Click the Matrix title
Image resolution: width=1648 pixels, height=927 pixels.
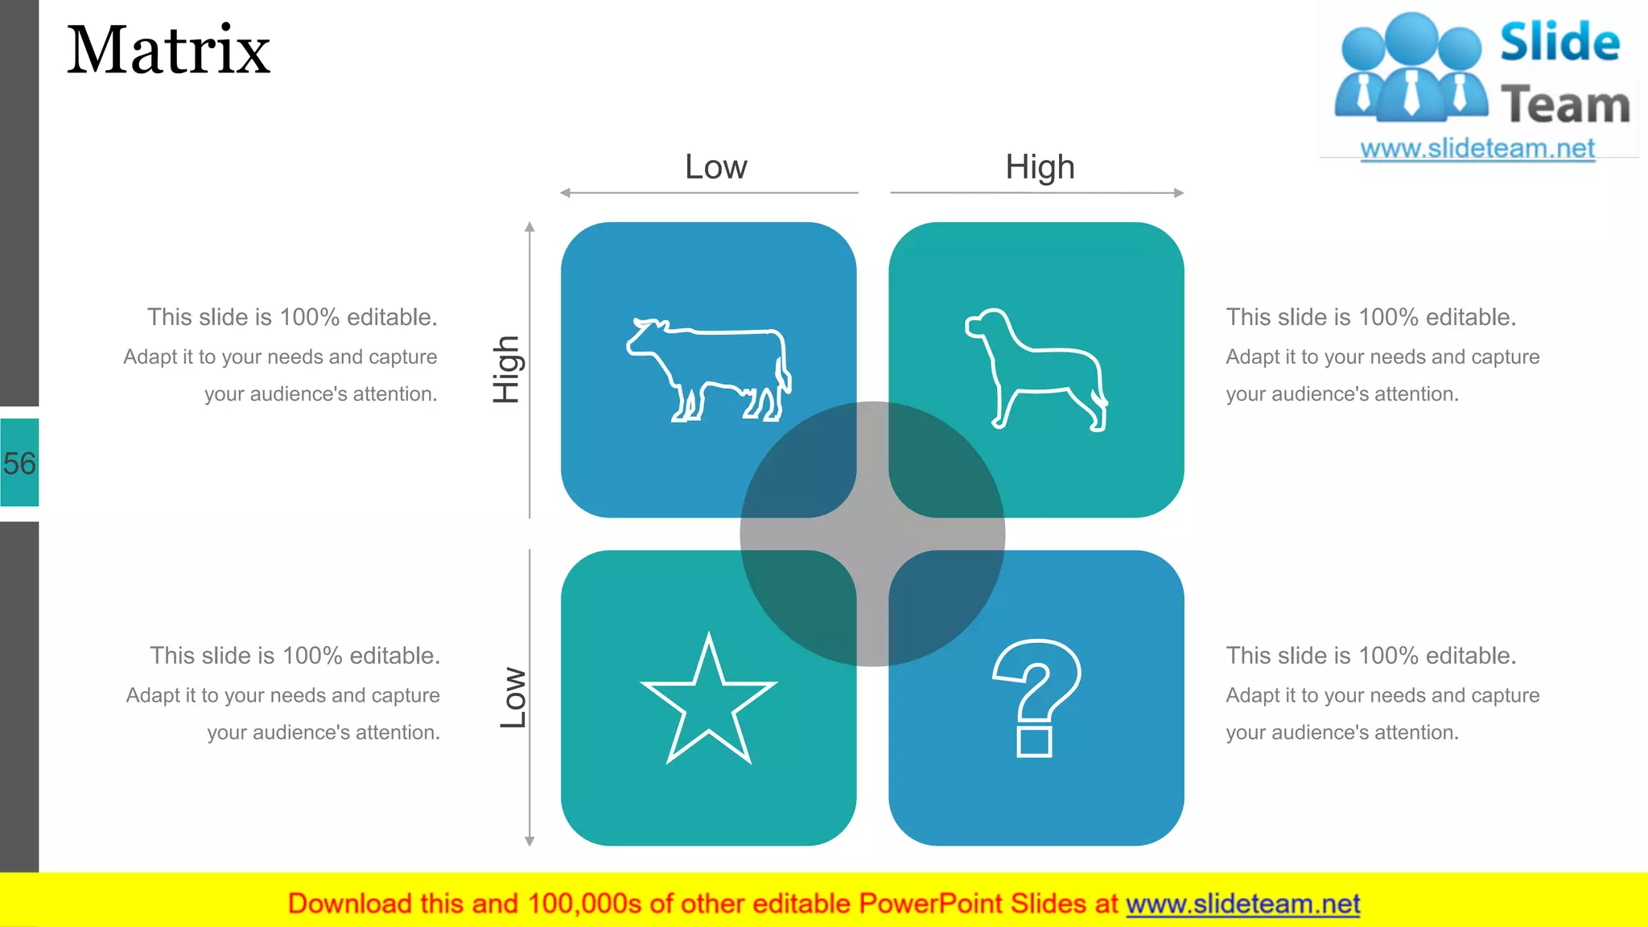coord(168,51)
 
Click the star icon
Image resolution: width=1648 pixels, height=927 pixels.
coord(708,698)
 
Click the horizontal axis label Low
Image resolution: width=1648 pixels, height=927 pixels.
coord(715,167)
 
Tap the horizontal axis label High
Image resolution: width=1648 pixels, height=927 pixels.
coord(1040,167)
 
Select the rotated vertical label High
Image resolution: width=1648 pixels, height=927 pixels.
coord(507,369)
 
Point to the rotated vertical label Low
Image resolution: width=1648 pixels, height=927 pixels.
coord(513,698)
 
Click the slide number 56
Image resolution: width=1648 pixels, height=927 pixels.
coord(19,463)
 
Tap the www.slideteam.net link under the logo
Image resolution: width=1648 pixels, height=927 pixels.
coord(1477,149)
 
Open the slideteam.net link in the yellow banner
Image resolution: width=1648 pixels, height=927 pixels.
coord(1242,904)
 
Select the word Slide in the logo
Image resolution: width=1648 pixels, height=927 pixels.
coord(1559,42)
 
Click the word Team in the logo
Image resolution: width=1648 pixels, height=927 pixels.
coord(1565,105)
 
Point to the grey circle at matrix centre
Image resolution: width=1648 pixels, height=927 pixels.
coord(872,534)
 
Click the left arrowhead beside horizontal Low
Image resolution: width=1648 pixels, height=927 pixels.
coord(565,193)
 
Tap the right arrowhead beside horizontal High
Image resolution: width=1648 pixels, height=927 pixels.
coord(1179,193)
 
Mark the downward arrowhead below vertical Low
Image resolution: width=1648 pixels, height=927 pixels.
coord(529,841)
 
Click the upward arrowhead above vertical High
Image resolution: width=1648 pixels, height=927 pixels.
coord(529,227)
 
